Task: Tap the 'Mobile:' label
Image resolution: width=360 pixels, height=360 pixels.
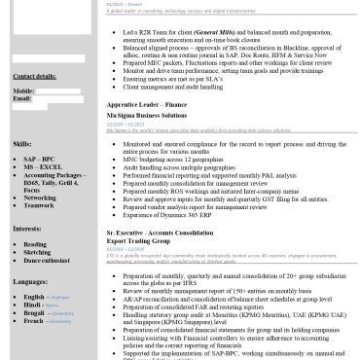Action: pos(24,90)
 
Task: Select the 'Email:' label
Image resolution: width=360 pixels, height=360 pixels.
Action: pos(22,98)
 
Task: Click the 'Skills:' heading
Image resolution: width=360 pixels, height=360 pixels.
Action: pos(22,143)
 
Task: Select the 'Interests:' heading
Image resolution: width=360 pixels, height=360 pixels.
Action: pos(27,229)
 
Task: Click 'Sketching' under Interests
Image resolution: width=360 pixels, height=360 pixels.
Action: pos(38,253)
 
